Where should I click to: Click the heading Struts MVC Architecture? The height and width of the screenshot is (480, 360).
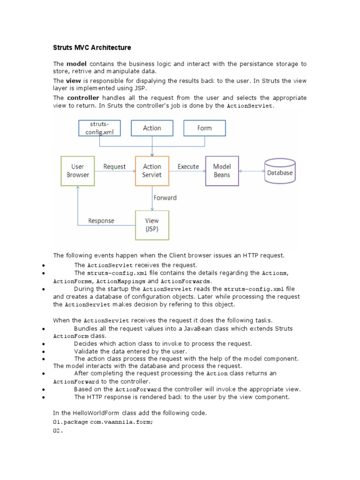[92, 48]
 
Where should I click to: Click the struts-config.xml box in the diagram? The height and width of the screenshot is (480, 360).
[99, 128]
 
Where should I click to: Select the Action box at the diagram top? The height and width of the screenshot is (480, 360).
[152, 128]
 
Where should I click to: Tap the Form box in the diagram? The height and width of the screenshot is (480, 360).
[204, 128]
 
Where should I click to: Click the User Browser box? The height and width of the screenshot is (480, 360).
[78, 171]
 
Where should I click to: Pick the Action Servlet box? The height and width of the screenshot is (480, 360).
[152, 171]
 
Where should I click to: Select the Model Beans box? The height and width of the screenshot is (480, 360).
[222, 171]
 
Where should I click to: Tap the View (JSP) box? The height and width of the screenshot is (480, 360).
[152, 225]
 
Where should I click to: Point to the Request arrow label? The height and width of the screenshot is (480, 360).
[114, 166]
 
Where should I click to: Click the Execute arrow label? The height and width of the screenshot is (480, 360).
[188, 166]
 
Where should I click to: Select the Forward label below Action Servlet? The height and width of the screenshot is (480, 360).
[165, 198]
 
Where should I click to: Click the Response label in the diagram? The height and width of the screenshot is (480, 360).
[101, 221]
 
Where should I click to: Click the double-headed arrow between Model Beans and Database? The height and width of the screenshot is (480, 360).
[251, 171]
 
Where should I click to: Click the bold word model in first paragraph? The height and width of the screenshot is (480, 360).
[77, 64]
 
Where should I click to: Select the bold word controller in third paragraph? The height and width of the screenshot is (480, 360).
[83, 98]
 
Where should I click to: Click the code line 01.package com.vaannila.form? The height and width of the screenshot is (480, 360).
[103, 422]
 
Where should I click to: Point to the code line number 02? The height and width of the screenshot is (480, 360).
[58, 431]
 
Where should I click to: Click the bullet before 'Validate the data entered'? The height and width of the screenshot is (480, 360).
[43, 352]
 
